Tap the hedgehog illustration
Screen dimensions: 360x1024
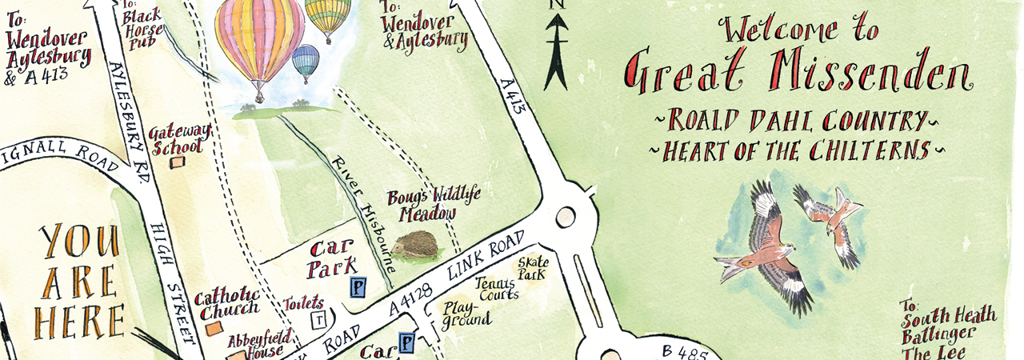click(415, 245)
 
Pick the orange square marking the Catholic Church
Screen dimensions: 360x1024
click(213, 328)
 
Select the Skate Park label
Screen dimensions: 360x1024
click(531, 268)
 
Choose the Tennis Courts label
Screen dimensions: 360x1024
click(497, 288)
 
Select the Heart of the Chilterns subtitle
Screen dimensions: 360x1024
click(791, 150)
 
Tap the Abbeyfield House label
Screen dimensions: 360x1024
click(255, 345)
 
